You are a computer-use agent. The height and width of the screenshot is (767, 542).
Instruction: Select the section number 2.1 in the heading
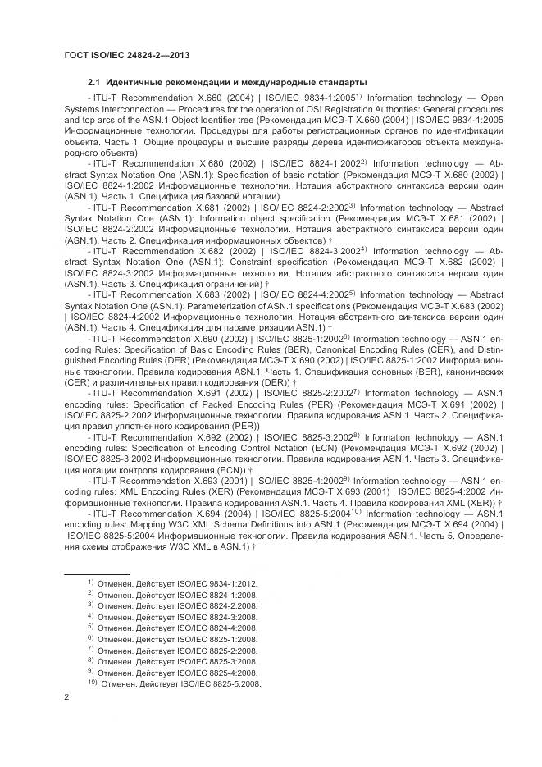[x=93, y=83]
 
